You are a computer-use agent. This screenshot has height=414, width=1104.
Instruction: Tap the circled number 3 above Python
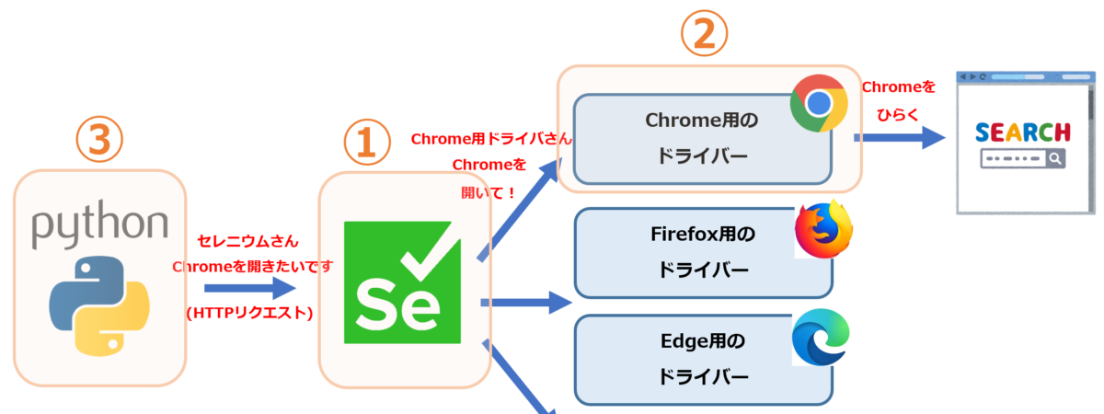point(99,139)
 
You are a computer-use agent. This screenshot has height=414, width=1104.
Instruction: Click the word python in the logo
point(100,225)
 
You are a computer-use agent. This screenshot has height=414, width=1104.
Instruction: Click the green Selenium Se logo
point(405,280)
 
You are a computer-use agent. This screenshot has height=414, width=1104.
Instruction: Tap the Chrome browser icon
point(818,102)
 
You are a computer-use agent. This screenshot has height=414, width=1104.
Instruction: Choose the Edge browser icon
point(820,338)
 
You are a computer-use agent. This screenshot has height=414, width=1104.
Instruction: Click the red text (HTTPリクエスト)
point(249,313)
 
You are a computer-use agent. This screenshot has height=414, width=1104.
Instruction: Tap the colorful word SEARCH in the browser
point(1022,132)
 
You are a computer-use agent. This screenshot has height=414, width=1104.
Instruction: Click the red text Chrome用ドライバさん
point(491,140)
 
